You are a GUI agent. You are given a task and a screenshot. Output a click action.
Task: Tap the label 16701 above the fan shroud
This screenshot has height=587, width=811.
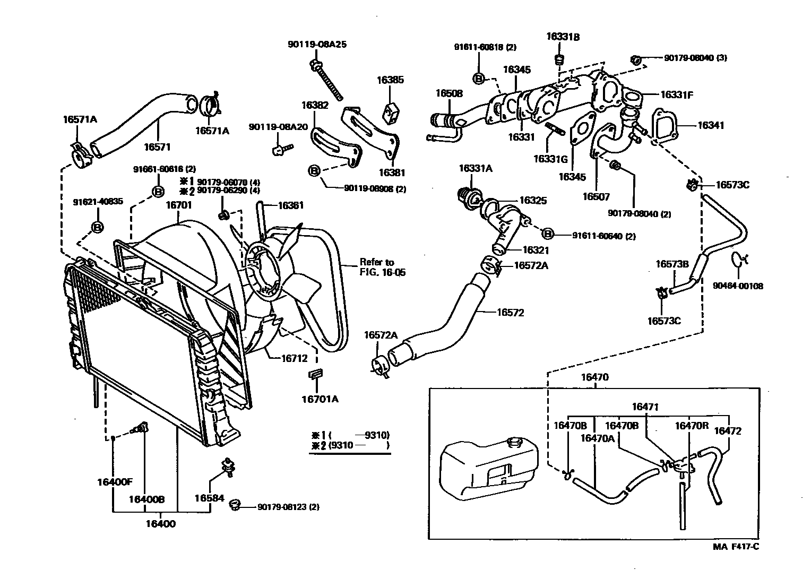click(179, 205)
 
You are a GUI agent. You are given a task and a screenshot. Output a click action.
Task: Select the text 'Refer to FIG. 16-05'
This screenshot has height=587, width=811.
click(377, 267)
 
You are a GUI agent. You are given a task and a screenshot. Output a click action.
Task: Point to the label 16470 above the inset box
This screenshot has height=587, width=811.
click(594, 377)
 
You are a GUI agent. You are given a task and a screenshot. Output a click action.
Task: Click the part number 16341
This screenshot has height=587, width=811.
click(711, 125)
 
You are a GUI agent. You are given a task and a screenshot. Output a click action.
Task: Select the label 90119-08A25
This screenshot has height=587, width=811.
click(317, 45)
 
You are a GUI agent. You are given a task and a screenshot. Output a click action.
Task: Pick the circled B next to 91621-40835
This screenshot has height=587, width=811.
click(98, 227)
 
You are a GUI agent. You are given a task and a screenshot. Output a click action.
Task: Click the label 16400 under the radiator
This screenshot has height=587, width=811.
click(161, 524)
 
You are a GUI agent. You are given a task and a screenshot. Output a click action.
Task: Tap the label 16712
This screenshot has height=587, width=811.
click(294, 358)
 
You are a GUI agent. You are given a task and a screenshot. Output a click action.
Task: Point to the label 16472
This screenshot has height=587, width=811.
click(727, 431)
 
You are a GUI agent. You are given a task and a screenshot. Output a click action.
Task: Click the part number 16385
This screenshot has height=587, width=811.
click(390, 80)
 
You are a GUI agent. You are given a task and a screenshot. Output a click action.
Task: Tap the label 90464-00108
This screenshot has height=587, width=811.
click(738, 286)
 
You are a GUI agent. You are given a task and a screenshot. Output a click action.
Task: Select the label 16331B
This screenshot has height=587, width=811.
click(563, 37)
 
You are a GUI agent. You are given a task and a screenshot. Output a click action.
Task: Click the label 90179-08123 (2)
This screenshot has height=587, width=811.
click(289, 507)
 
